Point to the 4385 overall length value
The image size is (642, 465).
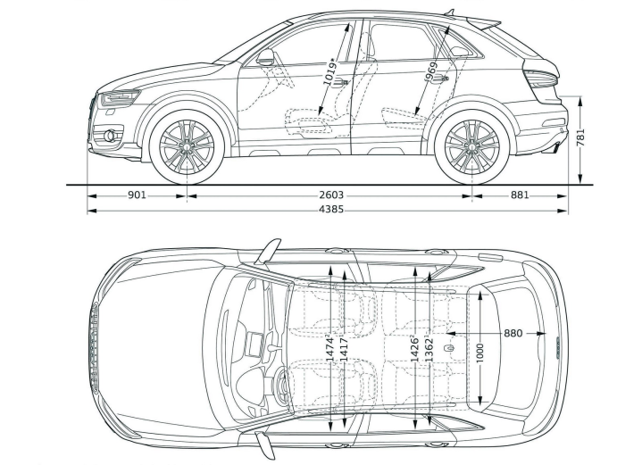329,211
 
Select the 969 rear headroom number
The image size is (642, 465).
432,72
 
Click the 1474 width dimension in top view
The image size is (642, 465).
330,347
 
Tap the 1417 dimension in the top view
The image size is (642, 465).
344,347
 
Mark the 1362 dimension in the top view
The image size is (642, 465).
429,347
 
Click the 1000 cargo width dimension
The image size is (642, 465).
480,352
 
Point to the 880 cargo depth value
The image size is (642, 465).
513,333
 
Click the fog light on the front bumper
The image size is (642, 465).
110,137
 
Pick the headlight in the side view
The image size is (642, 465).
119,97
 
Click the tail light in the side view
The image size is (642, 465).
541,79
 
